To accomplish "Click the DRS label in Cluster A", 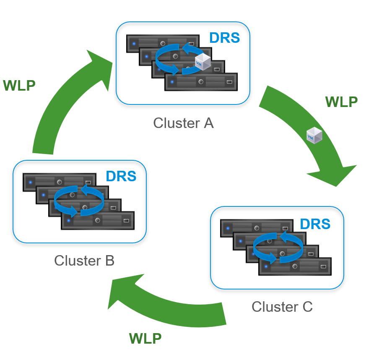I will (224, 38).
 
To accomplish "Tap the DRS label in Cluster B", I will (121, 176).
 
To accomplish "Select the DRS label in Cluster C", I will (315, 224).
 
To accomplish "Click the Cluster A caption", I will (183, 123).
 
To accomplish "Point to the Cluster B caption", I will (84, 261).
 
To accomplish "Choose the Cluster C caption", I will (282, 307).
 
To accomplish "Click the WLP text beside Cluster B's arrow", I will (19, 85).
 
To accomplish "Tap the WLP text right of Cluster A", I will (341, 102).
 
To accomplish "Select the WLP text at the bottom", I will (145, 338).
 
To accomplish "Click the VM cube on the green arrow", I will (314, 136).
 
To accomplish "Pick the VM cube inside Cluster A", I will (204, 61).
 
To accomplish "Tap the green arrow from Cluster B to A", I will (59, 109).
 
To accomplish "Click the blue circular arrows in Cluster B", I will (79, 201).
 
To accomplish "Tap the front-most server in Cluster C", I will (295, 267).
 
